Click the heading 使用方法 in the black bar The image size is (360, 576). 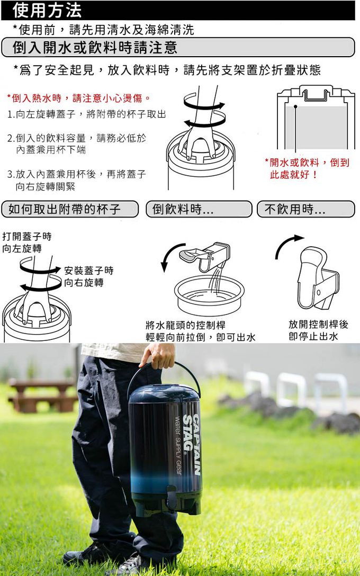47,10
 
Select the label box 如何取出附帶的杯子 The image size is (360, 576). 70,210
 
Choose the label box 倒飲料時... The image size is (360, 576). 199,210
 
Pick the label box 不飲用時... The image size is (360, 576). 306,210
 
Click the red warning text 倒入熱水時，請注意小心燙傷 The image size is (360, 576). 78,98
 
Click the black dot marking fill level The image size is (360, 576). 295,106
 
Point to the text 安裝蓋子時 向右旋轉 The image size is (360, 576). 89,276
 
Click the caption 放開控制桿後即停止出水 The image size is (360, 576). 318,330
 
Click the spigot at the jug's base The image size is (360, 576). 172,498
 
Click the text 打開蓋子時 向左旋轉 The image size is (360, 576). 27,242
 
